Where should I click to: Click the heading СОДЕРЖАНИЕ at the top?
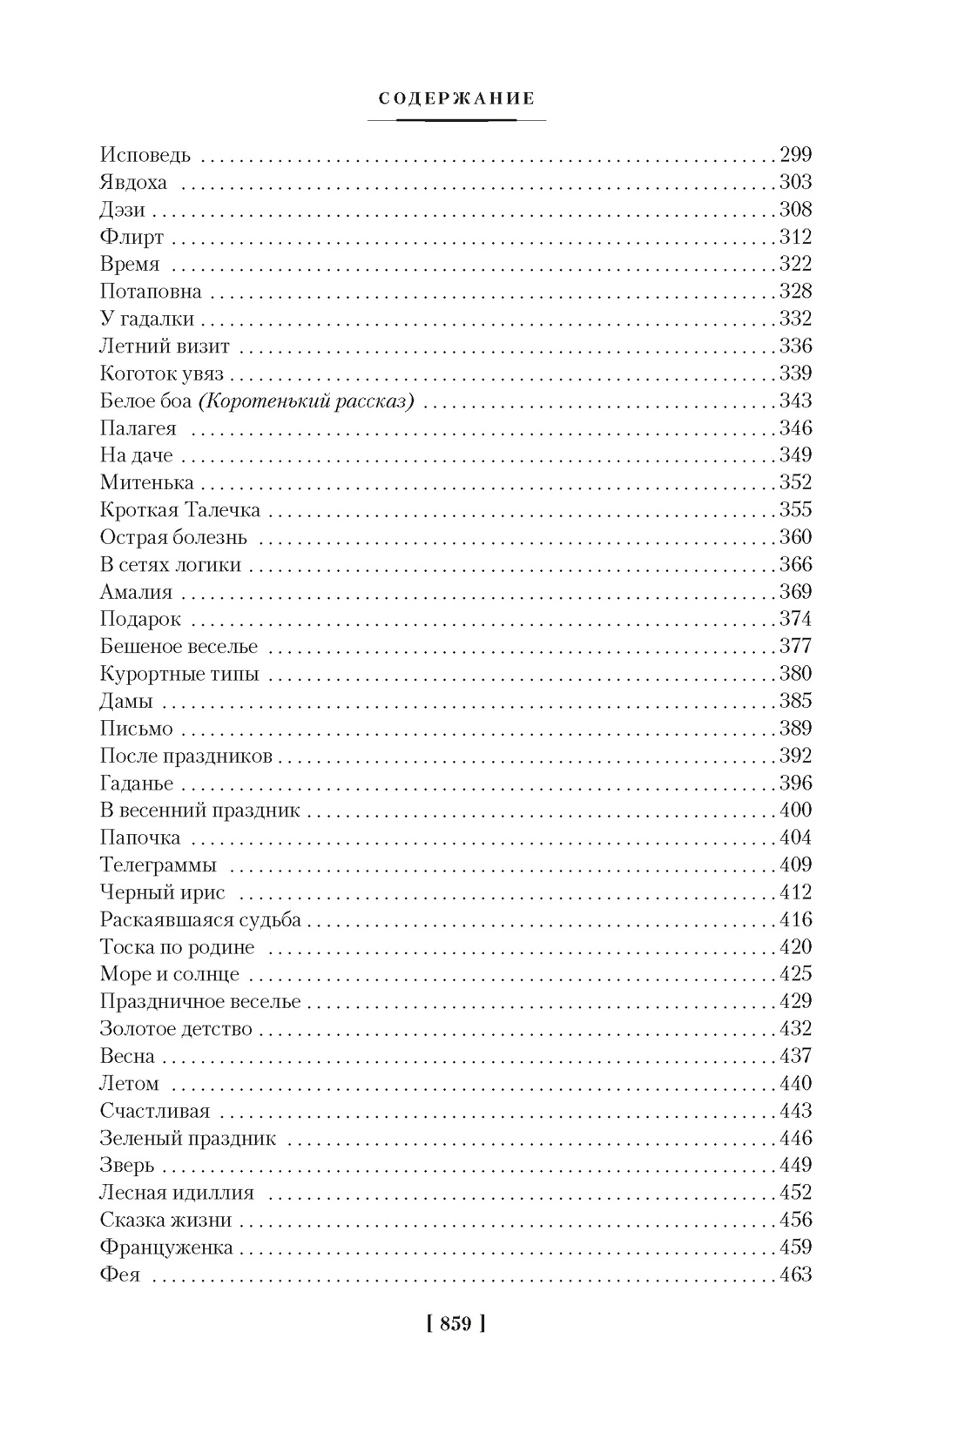click(457, 99)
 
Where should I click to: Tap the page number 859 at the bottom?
click(456, 1324)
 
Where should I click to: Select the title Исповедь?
click(145, 156)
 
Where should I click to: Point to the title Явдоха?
click(133, 183)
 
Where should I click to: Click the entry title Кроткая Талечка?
click(180, 510)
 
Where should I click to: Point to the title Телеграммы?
click(159, 865)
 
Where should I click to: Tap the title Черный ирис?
click(162, 892)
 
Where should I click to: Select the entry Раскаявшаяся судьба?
click(200, 920)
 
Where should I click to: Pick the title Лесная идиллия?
click(177, 1193)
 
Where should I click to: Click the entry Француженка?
click(166, 1248)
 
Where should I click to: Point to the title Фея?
click(120, 1275)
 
